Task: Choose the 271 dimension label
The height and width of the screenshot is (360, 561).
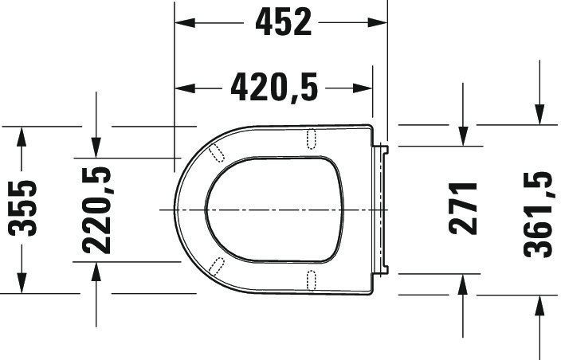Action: click(463, 208)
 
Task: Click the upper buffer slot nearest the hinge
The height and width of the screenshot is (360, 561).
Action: click(312, 138)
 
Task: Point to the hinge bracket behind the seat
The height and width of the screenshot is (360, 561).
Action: click(383, 209)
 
